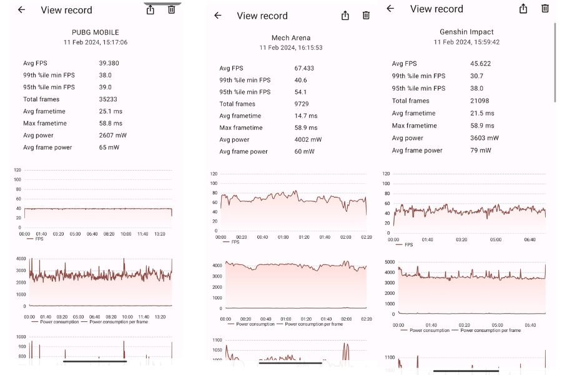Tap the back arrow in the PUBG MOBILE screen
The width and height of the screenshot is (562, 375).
[22, 10]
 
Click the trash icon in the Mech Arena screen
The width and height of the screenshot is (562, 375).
[366, 16]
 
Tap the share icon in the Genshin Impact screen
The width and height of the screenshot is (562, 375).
[523, 9]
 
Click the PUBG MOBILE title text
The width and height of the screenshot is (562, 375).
[96, 32]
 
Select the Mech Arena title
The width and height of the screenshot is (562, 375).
[290, 38]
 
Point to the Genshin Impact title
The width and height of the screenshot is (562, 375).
[466, 31]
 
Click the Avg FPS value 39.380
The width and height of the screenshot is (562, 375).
[109, 63]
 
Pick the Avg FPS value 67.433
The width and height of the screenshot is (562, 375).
[304, 68]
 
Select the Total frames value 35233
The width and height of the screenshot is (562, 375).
[107, 99]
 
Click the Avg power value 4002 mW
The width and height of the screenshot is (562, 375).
[308, 139]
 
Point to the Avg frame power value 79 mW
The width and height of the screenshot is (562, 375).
[480, 151]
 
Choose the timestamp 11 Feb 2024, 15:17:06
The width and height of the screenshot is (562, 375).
[96, 42]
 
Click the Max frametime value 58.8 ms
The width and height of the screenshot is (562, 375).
[110, 123]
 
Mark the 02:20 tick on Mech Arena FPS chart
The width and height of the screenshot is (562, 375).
[367, 237]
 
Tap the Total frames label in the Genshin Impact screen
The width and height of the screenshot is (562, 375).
[410, 101]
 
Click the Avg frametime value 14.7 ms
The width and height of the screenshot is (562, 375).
[305, 116]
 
